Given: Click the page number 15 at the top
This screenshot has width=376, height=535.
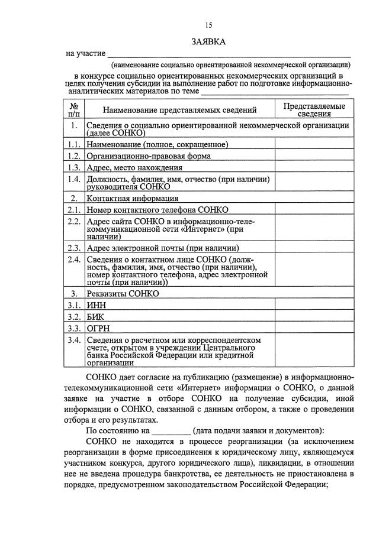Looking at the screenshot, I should click(x=208, y=25).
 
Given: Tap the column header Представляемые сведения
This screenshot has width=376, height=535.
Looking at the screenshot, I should click(x=314, y=109).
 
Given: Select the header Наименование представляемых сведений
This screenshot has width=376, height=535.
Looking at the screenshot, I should click(x=179, y=109).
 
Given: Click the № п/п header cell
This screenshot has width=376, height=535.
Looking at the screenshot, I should click(x=74, y=109).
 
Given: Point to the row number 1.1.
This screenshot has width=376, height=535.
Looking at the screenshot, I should click(x=74, y=144).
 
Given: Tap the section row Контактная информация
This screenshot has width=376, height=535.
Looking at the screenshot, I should click(x=133, y=198).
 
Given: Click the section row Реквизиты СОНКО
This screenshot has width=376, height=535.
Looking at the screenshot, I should click(x=123, y=293).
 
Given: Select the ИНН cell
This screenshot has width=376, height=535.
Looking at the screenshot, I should click(x=95, y=305).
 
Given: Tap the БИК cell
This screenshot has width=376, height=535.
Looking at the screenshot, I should click(x=95, y=316).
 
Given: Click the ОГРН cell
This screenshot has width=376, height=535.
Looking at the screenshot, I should click(x=98, y=328).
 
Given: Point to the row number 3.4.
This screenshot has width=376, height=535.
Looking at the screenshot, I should click(x=74, y=340).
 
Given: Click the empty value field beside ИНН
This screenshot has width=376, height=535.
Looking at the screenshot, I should click(x=314, y=305).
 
